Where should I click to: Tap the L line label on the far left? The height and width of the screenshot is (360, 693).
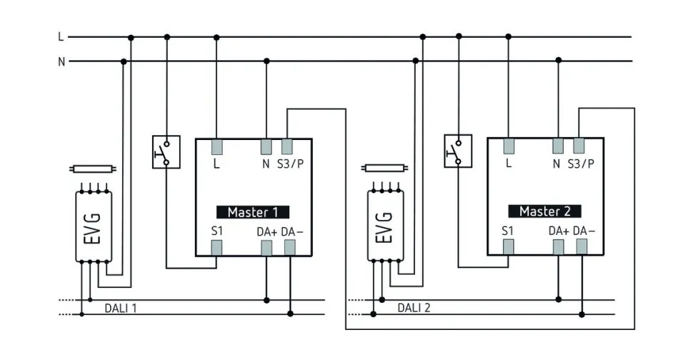[x=61, y=36]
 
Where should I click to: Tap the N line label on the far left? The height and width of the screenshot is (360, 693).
[x=61, y=61]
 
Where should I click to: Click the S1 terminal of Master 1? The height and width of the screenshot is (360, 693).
[x=216, y=247]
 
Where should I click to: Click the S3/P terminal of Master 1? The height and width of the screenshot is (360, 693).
[x=287, y=147]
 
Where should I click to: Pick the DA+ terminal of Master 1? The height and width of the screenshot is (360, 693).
[x=266, y=247]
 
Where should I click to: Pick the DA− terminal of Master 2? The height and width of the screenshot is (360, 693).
[x=582, y=246]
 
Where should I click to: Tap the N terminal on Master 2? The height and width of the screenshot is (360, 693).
[x=557, y=146]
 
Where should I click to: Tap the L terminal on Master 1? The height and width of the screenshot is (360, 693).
[x=216, y=147]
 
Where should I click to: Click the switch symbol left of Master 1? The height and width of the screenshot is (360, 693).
[x=166, y=151]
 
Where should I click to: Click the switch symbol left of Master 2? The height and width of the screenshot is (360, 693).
[x=457, y=151]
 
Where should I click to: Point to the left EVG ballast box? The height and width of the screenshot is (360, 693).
[x=93, y=226]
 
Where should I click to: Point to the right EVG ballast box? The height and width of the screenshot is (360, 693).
[x=384, y=226]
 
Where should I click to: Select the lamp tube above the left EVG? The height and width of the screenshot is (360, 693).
[x=92, y=169]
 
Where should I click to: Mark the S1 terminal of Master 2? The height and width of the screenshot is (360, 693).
[x=508, y=246]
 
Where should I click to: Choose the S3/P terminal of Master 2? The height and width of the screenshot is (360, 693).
[x=579, y=146]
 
